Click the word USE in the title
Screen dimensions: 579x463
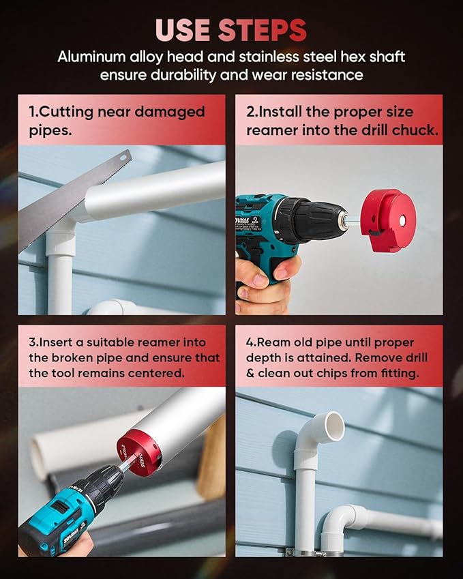click(183, 31)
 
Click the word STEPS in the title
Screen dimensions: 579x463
click(262, 31)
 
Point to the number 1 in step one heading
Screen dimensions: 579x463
click(32, 112)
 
